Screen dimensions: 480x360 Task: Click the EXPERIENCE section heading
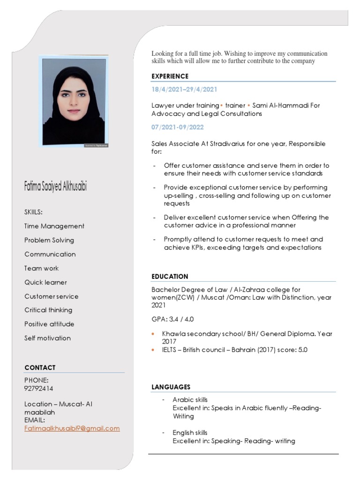tap(170, 76)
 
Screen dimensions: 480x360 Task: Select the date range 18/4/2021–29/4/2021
tap(184, 90)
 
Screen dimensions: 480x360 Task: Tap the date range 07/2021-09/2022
tap(178, 127)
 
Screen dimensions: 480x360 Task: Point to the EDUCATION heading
tap(170, 277)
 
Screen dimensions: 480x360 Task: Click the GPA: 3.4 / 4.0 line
tap(172, 319)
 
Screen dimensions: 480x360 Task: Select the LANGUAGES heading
tap(171, 387)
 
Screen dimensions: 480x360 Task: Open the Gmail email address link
tap(72, 428)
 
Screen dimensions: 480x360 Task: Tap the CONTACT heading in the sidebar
tap(40, 367)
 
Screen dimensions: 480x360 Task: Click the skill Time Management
tap(54, 226)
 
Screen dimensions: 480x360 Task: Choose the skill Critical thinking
tap(48, 310)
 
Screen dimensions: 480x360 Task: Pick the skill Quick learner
tap(45, 282)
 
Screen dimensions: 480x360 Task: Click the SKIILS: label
tap(33, 212)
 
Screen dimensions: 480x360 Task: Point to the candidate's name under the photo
tap(55, 186)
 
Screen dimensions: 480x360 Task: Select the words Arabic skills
tap(190, 400)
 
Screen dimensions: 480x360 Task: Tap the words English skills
tap(190, 433)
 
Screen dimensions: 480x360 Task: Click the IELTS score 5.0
tap(303, 350)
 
